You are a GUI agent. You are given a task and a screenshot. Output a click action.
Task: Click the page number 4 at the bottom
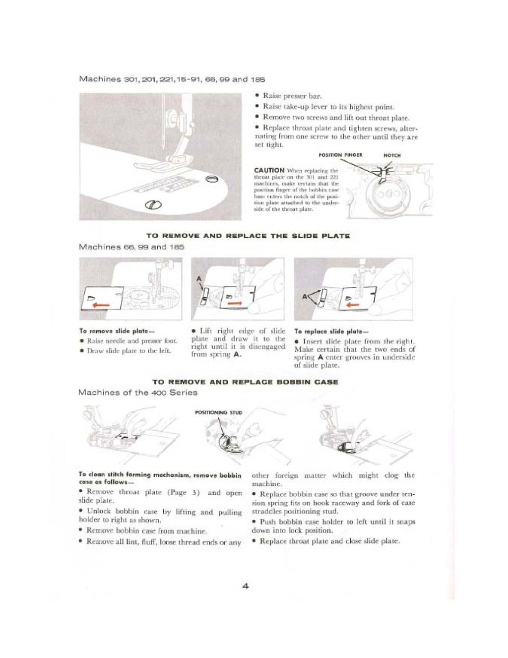tap(245, 586)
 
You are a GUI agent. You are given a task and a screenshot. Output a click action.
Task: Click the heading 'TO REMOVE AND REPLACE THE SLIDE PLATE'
tap(248, 236)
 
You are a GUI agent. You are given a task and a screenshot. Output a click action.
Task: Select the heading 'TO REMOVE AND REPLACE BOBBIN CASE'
tap(245, 382)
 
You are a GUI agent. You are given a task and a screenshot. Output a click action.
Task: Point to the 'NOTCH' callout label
tap(392, 155)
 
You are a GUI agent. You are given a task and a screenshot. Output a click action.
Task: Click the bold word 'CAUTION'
tap(269, 170)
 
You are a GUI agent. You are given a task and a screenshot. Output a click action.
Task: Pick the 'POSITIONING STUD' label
tap(219, 412)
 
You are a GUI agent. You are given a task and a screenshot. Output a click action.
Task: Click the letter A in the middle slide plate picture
tap(199, 279)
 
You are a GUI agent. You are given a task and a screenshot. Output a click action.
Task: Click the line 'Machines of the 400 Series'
tap(137, 393)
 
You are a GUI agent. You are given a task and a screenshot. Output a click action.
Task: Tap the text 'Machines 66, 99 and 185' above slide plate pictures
tap(131, 247)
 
